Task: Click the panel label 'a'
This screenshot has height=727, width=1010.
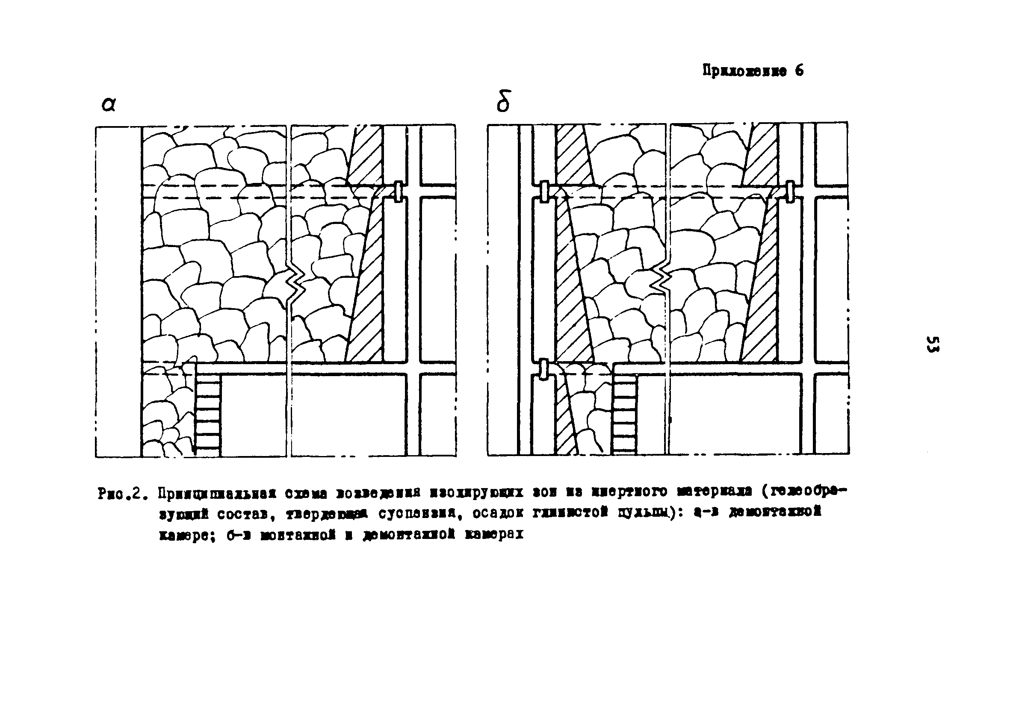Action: (109, 105)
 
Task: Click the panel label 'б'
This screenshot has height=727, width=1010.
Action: (504, 101)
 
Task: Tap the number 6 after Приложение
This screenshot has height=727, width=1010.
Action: (799, 71)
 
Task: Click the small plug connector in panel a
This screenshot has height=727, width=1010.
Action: (399, 191)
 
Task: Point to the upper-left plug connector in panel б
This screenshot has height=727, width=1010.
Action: (544, 191)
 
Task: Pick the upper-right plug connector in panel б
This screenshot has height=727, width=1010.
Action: (789, 191)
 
